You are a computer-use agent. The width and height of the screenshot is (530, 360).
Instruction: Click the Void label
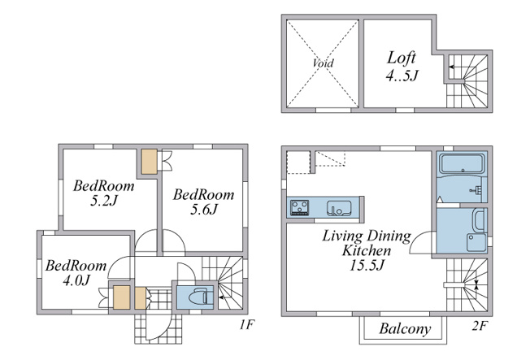coord(323,63)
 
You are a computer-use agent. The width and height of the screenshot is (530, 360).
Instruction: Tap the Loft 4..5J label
coord(402,67)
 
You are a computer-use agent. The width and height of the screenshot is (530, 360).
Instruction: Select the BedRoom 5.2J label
coord(104,193)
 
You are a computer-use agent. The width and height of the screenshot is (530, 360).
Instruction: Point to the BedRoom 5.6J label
coord(203,202)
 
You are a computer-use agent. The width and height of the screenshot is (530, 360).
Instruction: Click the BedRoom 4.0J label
coord(76,272)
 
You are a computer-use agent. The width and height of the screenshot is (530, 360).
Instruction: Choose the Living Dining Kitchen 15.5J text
coord(367,250)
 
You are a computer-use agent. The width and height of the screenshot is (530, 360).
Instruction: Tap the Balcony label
coord(405,328)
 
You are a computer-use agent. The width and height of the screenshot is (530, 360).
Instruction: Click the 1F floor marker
coord(246,325)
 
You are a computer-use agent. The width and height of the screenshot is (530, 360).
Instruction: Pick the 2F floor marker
coord(480,326)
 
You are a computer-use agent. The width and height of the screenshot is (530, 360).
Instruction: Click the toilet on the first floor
coord(200,297)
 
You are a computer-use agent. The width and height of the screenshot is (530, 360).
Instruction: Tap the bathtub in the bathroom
coord(462,163)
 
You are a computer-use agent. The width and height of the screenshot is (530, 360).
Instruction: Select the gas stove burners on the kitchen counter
coord(300,207)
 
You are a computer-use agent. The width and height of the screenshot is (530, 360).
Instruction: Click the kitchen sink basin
coord(339,208)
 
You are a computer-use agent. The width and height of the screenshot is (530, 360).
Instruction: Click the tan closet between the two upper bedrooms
coord(149,162)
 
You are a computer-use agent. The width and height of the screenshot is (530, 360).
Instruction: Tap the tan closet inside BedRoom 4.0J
coord(121,297)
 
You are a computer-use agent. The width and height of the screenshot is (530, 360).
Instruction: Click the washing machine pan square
coord(476,242)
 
